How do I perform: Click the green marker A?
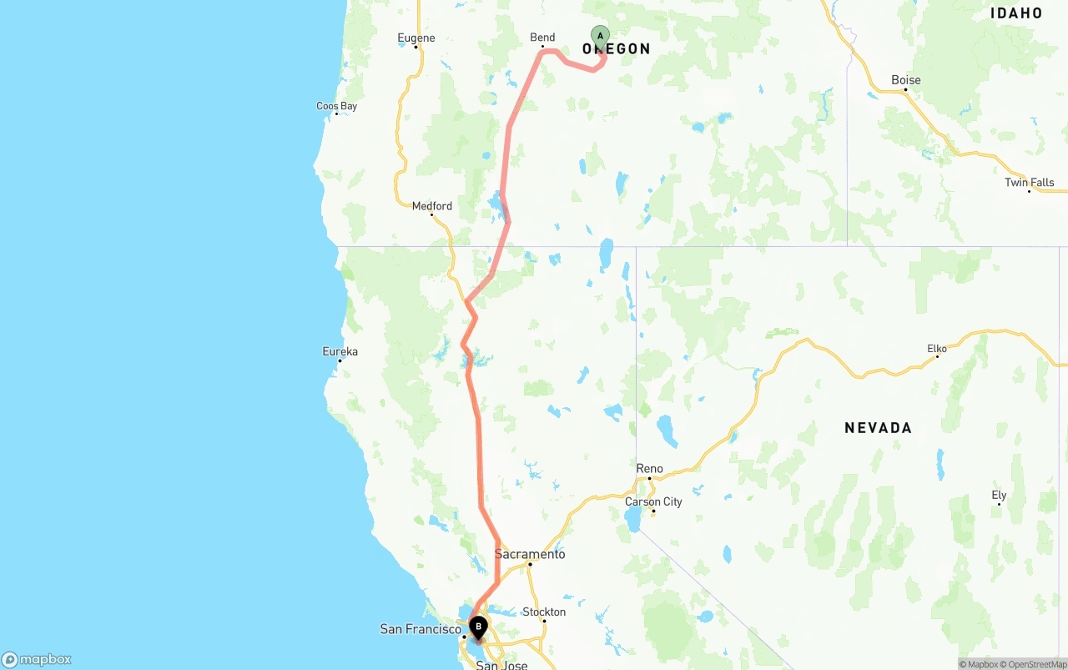point(600,37)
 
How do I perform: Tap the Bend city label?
point(542,38)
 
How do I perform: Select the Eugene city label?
point(416,38)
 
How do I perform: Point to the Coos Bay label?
point(336,106)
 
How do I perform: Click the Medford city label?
point(432,206)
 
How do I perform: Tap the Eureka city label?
point(340,351)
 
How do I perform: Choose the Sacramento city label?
point(530,554)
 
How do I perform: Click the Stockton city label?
point(544,612)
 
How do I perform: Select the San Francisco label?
point(421,629)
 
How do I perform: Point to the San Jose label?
point(501,664)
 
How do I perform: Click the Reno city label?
point(649,469)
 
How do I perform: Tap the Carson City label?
point(653,501)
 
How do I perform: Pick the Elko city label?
point(937,349)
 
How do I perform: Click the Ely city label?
point(999,495)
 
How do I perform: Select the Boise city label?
point(906,80)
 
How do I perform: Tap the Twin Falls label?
point(1030,183)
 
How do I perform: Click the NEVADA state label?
point(878,428)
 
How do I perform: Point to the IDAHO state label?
point(1016,13)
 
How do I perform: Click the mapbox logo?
point(37,659)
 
